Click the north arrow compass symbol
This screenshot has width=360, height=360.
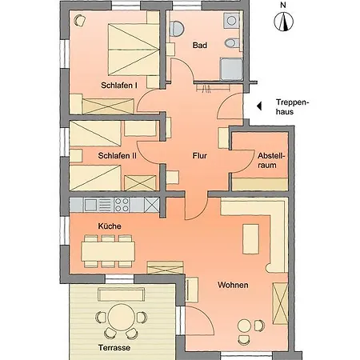tap(283, 22)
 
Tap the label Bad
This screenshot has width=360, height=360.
tap(200, 46)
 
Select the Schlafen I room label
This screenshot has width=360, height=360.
tap(119, 86)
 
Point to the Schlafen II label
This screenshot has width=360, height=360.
tap(117, 155)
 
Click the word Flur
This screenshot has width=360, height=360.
tap(200, 155)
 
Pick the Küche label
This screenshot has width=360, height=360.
tap(110, 226)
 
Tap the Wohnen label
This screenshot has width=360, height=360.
tap(233, 285)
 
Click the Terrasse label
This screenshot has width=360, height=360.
tap(114, 348)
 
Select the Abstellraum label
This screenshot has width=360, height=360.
tap(271, 160)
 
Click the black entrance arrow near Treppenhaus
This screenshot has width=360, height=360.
tap(259, 106)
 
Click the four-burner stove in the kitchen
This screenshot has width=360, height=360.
tap(122, 205)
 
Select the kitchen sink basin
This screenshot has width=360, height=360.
tap(90, 205)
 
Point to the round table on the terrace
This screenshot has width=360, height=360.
tap(122, 318)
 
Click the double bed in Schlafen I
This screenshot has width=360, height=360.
tap(134, 50)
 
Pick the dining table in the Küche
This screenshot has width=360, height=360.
tap(108, 251)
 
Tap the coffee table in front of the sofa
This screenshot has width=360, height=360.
tap(250, 239)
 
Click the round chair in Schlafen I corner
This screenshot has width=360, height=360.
tap(79, 21)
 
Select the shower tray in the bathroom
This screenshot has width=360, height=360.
tap(231, 70)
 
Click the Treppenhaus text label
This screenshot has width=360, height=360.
tap(293, 106)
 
